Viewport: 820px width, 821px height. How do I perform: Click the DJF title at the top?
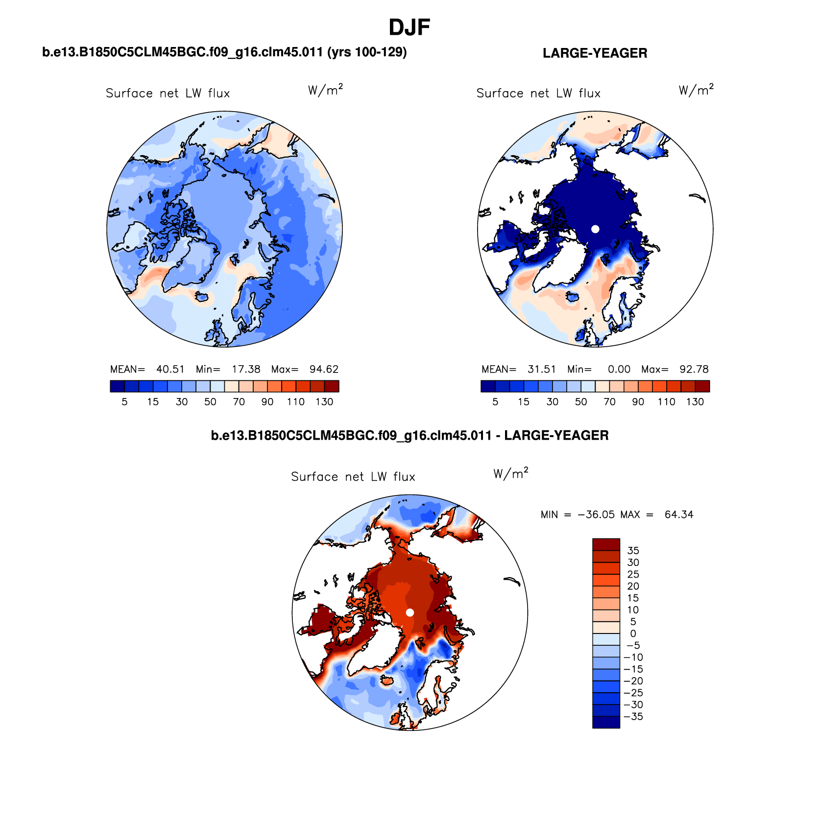[x=409, y=27]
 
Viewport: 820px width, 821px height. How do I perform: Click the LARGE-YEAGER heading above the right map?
[x=595, y=53]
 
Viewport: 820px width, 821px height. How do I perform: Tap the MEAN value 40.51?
[x=170, y=369]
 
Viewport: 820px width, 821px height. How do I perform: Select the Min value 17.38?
[x=246, y=369]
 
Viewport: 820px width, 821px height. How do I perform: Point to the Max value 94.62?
[x=324, y=369]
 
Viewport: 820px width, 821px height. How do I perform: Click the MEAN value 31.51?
[x=541, y=369]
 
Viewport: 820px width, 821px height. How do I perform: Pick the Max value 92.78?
[x=694, y=369]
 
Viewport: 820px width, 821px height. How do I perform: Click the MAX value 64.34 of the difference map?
[x=679, y=515]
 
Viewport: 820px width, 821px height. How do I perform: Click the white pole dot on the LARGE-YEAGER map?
[x=595, y=229]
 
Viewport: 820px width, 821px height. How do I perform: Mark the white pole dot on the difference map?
[x=410, y=612]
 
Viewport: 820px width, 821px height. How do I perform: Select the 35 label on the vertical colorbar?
[x=633, y=551]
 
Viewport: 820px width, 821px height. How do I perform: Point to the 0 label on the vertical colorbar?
[x=633, y=633]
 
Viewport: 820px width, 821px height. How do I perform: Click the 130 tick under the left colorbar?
[x=324, y=402]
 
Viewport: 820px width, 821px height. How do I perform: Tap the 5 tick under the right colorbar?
[x=495, y=402]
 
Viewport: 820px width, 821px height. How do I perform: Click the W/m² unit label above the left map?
[x=325, y=90]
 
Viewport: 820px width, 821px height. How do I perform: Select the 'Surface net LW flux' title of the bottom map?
[x=353, y=477]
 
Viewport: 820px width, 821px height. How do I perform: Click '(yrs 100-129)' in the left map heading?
[x=367, y=52]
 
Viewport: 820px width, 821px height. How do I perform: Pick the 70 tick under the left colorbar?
[x=239, y=402]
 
